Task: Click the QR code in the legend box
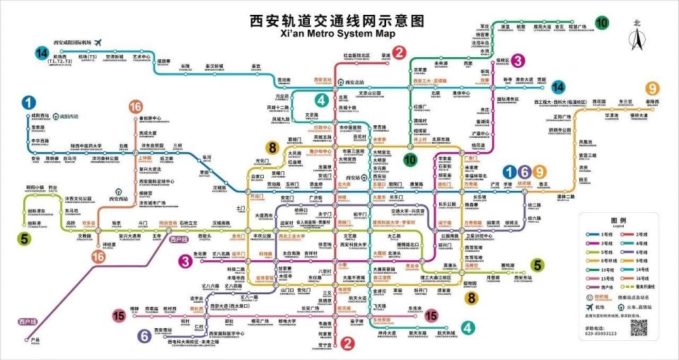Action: click(639, 327)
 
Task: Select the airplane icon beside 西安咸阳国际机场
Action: click(97, 42)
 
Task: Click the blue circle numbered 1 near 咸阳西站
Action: click(29, 103)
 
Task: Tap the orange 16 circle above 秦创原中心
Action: click(136, 107)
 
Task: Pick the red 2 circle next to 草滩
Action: click(400, 52)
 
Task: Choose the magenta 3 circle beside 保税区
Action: click(518, 61)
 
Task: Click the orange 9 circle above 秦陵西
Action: click(652, 88)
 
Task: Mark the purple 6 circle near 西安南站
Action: click(144, 336)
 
